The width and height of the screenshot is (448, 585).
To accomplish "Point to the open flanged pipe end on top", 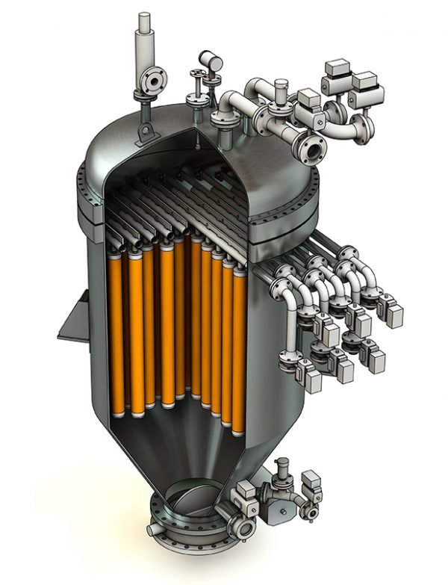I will [312, 148].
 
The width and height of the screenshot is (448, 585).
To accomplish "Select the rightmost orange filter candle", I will [239, 351].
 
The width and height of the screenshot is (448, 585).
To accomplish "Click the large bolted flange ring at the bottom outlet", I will [187, 527].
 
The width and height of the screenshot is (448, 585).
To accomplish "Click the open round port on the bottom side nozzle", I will [244, 528].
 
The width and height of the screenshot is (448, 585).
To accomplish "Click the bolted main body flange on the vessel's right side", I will [287, 224].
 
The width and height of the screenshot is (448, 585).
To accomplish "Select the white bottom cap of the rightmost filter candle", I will [238, 431].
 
